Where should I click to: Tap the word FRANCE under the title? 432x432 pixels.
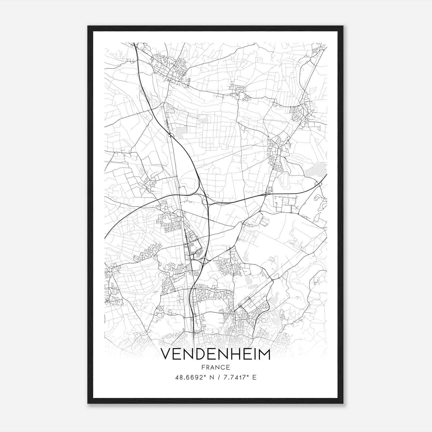coord(215,367)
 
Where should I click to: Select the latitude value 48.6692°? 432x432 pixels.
coord(190,377)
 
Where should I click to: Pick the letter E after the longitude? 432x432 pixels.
coord(254,377)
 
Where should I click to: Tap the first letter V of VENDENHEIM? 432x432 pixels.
coord(167,354)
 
